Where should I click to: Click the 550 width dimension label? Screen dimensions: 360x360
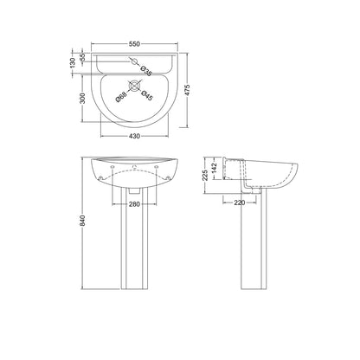[134, 44]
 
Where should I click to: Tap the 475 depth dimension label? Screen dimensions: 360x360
[187, 90]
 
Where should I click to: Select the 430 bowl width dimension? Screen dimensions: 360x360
[134, 136]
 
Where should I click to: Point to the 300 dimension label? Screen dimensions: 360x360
[82, 98]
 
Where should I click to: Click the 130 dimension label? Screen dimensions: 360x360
[73, 63]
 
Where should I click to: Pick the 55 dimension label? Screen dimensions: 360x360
[82, 57]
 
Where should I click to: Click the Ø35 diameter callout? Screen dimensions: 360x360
[145, 71]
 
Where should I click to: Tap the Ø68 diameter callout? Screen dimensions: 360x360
[121, 96]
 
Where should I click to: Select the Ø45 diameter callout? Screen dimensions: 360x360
[146, 96]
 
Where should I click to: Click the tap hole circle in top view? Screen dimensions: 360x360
[134, 61]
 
